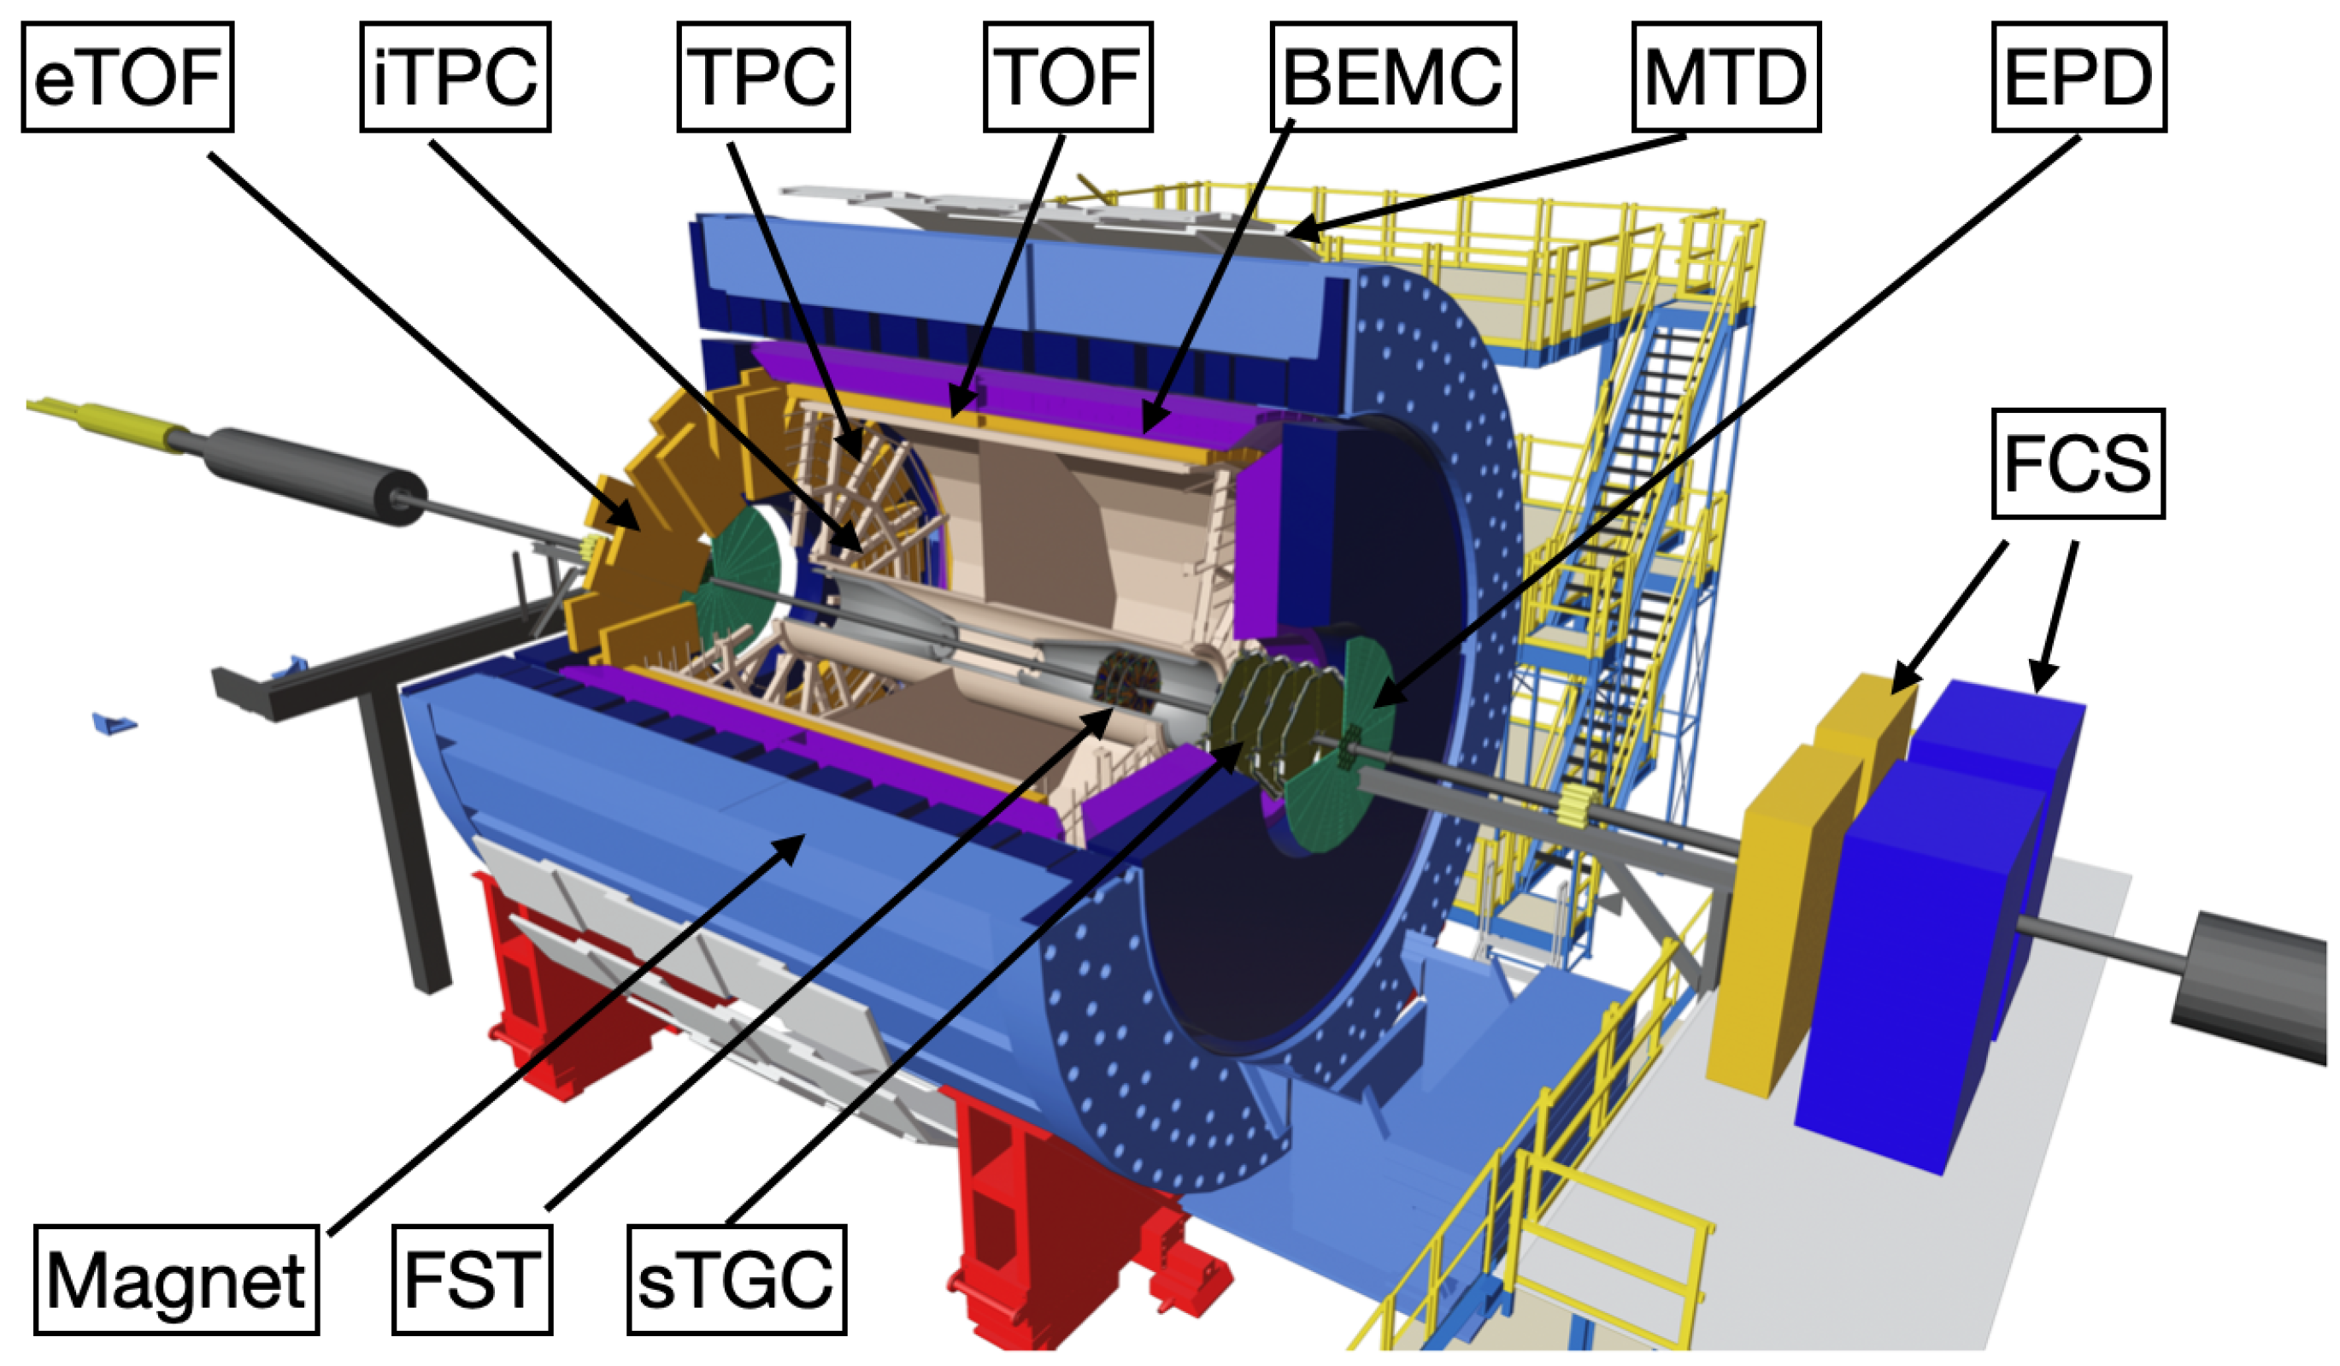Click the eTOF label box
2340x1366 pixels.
pos(127,77)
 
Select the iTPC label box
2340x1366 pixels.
pos(455,77)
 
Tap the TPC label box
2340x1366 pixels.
pos(763,77)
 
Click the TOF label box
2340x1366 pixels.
pos(1067,77)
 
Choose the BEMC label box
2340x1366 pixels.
pos(1393,77)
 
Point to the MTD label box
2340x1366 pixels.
pos(1726,77)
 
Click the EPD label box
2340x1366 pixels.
pos(2079,77)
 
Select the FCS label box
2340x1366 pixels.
pos(2078,463)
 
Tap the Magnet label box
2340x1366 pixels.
pos(176,1280)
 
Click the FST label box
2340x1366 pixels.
pos(473,1280)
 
